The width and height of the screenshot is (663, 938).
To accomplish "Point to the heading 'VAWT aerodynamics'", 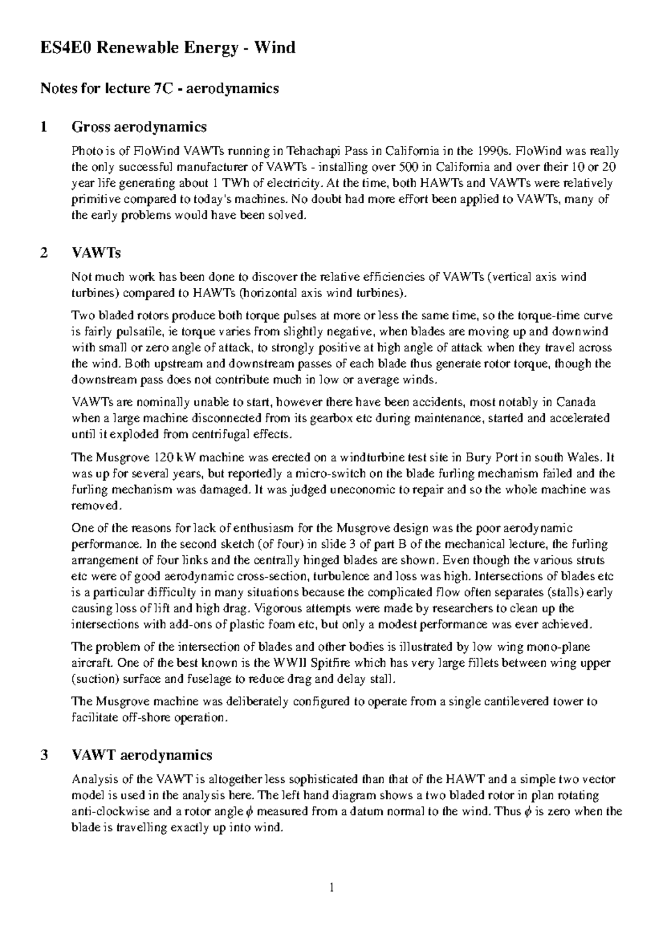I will (x=142, y=755).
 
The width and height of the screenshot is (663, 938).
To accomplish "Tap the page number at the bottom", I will (x=331, y=888).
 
